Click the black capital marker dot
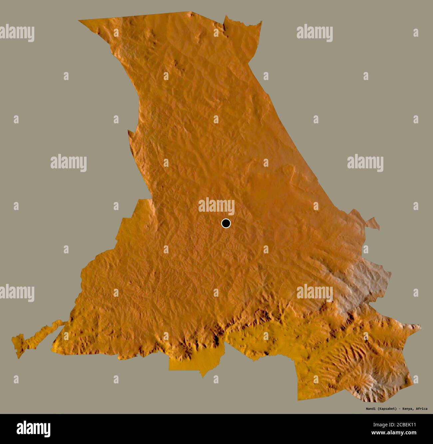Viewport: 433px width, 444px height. [x=226, y=223]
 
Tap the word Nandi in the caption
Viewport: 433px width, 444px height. [x=368, y=409]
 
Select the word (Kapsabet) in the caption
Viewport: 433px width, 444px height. [x=386, y=409]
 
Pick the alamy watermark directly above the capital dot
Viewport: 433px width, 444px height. [x=217, y=205]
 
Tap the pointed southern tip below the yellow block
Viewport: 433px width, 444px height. [x=202, y=377]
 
